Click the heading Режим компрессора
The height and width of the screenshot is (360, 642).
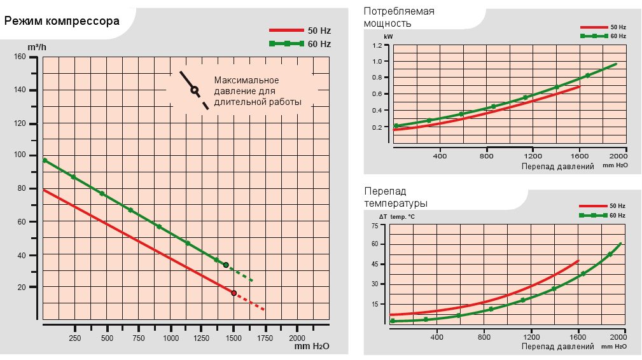(x=62, y=21)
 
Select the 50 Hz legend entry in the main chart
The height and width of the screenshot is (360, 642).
(x=300, y=30)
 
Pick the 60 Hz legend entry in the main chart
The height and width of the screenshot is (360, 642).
(x=300, y=43)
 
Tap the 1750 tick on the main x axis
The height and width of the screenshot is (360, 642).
(x=265, y=338)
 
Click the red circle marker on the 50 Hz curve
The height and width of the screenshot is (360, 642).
(x=234, y=293)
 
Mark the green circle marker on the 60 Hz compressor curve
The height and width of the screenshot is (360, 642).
(x=226, y=265)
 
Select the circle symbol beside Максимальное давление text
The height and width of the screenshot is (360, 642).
(x=194, y=90)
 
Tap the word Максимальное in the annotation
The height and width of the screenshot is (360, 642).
(x=246, y=80)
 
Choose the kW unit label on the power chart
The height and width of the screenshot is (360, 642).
(x=388, y=38)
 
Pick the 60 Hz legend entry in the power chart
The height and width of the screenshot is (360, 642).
(x=603, y=36)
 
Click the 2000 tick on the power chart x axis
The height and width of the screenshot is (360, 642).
(x=618, y=156)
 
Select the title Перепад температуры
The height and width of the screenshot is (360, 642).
(x=395, y=197)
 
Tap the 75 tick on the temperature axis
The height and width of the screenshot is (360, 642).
(x=375, y=226)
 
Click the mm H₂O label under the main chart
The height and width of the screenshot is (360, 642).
(x=312, y=347)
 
